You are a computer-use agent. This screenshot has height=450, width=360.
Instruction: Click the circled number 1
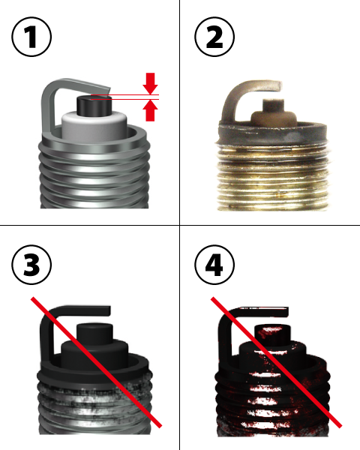click(x=31, y=37)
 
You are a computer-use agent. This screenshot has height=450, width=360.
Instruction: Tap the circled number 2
click(x=214, y=37)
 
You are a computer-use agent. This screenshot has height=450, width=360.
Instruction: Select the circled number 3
click(x=31, y=264)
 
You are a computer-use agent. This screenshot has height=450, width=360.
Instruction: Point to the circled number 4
click(x=214, y=264)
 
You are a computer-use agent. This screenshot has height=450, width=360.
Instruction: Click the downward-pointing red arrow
click(x=151, y=83)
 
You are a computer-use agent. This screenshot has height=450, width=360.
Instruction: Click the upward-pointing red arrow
click(x=151, y=111)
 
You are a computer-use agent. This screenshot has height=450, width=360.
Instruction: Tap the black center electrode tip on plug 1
click(x=94, y=105)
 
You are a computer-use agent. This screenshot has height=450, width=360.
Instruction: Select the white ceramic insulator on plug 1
click(x=94, y=126)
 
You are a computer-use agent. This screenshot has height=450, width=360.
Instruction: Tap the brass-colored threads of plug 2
click(x=273, y=178)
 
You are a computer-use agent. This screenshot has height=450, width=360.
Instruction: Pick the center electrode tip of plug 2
click(x=274, y=105)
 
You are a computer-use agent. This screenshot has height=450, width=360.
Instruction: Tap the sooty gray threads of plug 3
click(x=94, y=407)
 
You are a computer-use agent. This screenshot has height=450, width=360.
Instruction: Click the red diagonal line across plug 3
click(x=97, y=362)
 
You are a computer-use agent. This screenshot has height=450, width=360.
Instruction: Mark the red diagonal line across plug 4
click(x=277, y=362)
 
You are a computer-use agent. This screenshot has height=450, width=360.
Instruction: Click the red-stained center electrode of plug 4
click(x=273, y=335)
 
